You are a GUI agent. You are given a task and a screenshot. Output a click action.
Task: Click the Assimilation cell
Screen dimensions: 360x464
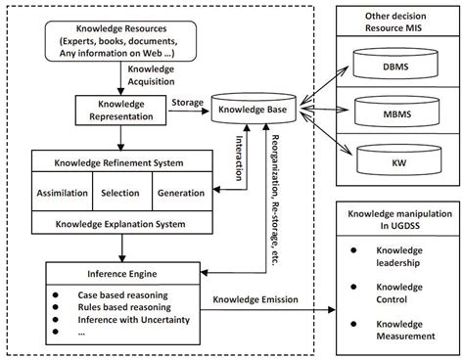coord(62,193)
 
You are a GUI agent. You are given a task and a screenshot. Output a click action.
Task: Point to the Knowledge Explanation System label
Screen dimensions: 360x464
coord(120,225)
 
